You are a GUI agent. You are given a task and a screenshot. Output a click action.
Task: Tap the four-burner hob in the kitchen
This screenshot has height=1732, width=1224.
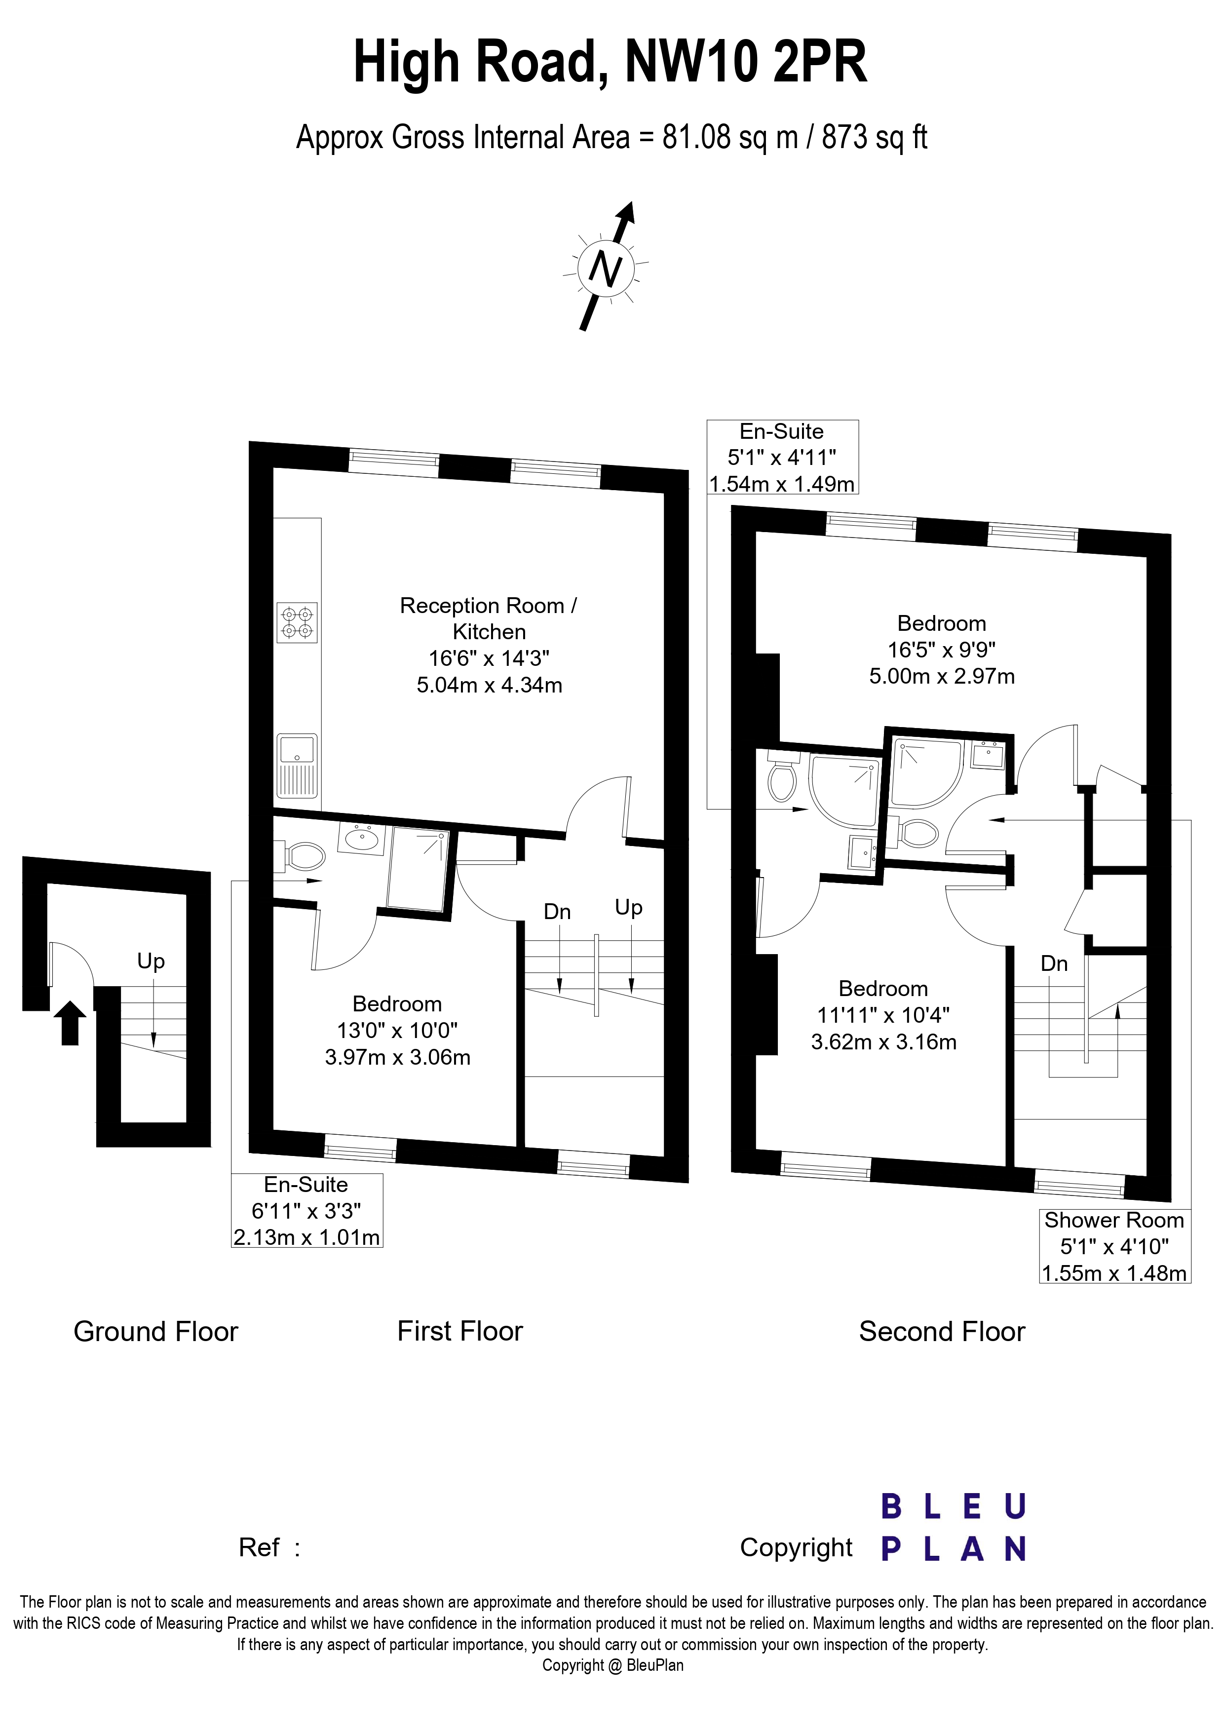pyautogui.click(x=297, y=622)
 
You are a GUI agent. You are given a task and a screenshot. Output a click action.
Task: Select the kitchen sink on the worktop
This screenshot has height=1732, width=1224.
pyautogui.click(x=297, y=766)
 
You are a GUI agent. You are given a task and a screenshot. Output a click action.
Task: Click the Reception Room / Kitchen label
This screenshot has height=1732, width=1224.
pyautogui.click(x=489, y=618)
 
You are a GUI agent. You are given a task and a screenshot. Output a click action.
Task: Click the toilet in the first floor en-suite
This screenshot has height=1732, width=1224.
pyautogui.click(x=302, y=856)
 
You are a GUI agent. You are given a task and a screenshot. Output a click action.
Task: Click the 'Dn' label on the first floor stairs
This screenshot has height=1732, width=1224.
pyautogui.click(x=557, y=912)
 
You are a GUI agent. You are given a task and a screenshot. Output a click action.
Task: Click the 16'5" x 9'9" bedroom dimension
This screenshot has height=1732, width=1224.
pyautogui.click(x=942, y=650)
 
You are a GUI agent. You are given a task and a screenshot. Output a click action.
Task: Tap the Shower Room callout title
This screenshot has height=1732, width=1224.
pyautogui.click(x=1114, y=1220)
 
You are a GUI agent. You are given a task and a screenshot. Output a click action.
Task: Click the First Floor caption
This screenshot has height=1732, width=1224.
pyautogui.click(x=460, y=1331)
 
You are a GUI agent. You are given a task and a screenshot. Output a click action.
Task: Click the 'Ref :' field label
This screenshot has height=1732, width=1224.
pyautogui.click(x=269, y=1547)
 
